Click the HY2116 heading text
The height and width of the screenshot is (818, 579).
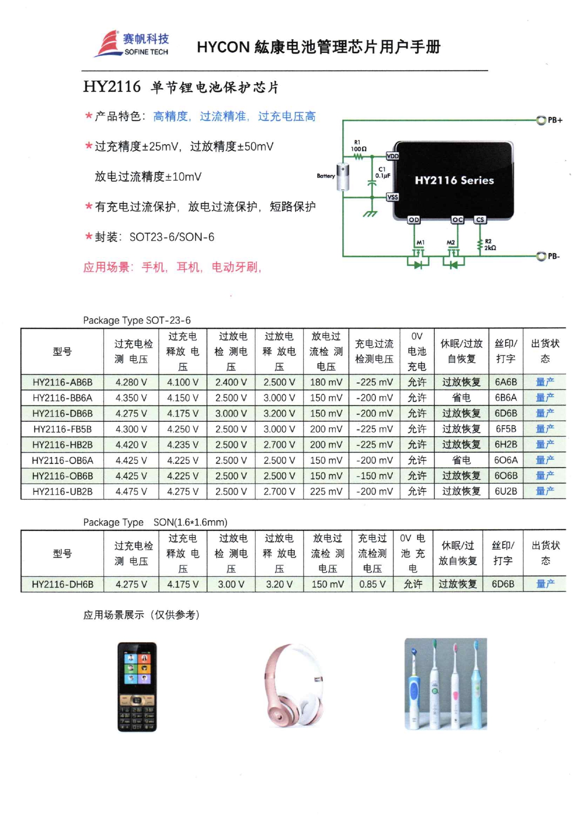pos(112,87)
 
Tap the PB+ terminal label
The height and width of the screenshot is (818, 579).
pos(555,120)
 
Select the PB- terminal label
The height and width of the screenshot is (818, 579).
pos(554,256)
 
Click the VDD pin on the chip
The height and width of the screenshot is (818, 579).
pos(392,156)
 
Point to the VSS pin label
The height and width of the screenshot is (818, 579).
pos(392,197)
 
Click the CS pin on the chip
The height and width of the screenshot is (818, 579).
pos(480,219)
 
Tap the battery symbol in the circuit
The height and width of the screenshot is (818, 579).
pos(343,177)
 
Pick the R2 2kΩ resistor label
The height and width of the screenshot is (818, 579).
pos(490,245)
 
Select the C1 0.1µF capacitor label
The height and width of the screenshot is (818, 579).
pos(382,173)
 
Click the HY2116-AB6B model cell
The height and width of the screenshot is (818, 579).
pos(62,382)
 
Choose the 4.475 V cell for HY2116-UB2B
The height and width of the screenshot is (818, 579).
pos(131,491)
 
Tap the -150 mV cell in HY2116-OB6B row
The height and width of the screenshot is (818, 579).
pos(374,476)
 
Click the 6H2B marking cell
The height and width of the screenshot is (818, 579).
pos(506,445)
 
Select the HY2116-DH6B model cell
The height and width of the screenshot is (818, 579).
pos(62,584)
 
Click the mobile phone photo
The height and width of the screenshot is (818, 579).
pos(137,686)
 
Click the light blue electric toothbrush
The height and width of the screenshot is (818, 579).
pos(477,686)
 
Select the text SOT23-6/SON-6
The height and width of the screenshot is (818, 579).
pos(172,237)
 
